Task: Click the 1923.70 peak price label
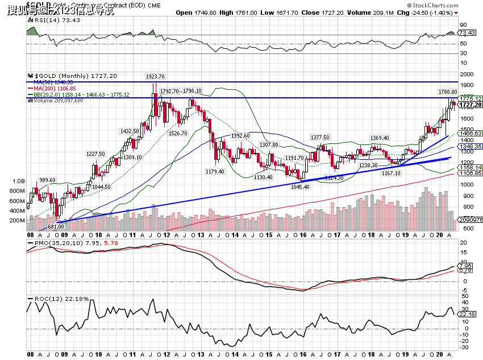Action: [155, 76]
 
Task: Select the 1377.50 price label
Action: [320, 137]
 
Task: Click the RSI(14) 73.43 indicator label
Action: [49, 20]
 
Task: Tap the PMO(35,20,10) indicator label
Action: [59, 243]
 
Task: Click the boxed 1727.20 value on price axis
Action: [470, 105]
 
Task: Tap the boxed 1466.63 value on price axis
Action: [470, 133]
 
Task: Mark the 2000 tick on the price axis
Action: [467, 75]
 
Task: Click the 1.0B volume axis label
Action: [19, 181]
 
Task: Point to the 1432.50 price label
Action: [130, 131]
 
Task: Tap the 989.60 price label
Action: [47, 180]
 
